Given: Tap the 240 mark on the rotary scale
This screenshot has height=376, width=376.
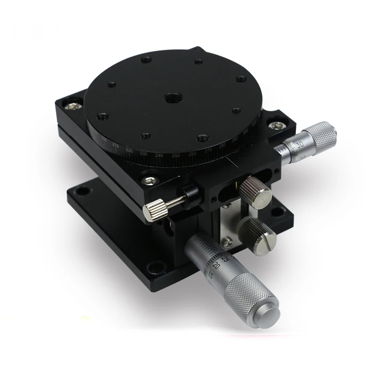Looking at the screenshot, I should coord(159,156).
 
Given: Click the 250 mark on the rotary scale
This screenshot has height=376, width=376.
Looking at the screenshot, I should coord(176,156).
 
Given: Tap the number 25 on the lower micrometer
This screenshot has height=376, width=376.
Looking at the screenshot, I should coord(225,258).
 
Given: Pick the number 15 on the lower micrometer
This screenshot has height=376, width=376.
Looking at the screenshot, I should coord(210,276).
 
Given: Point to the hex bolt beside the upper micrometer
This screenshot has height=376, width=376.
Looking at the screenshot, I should coord(274,125).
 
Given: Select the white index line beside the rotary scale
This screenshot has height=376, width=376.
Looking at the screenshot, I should coord(231,162).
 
